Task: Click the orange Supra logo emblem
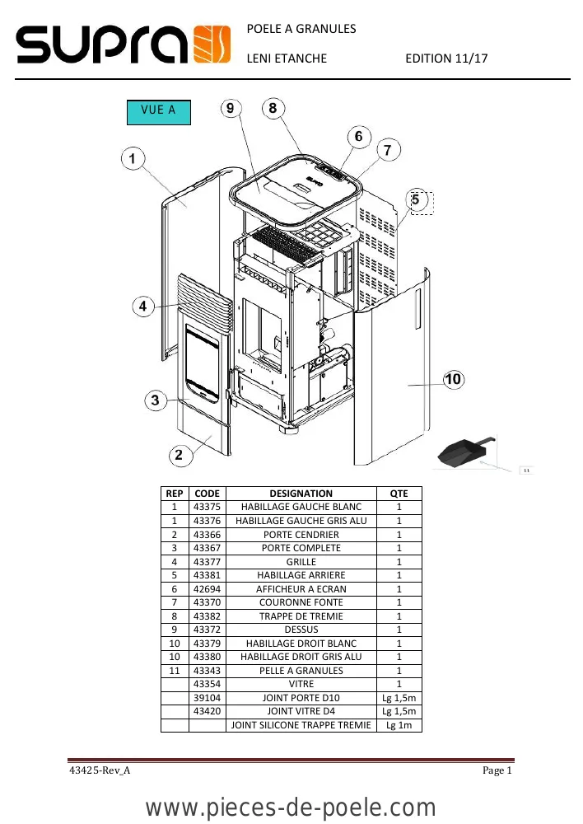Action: tap(212, 44)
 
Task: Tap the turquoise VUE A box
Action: tap(159, 112)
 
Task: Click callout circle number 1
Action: tap(133, 158)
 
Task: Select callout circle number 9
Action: tap(231, 108)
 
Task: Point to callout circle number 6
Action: tap(359, 137)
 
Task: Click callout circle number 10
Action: tap(453, 379)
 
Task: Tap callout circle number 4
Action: tap(142, 306)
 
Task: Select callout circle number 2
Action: tap(180, 455)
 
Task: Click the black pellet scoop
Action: tap(464, 452)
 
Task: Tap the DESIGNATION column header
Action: tap(301, 494)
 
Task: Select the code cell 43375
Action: tap(207, 507)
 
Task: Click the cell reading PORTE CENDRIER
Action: tap(301, 535)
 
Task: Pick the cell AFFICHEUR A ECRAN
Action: tap(301, 589)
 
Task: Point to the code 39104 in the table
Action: tap(207, 698)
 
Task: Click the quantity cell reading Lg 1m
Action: tap(399, 725)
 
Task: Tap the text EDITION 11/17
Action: tap(446, 59)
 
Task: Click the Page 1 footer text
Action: tap(497, 770)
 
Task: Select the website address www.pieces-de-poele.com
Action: tap(291, 808)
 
